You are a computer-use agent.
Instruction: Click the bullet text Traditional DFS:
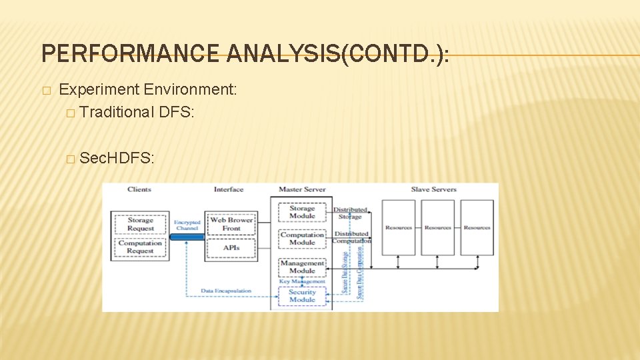coord(136,112)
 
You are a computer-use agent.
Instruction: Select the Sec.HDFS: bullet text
coord(117,158)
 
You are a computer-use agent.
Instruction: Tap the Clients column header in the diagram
coord(139,189)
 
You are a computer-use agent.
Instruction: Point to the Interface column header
coord(229,189)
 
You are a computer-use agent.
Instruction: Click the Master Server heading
coord(302,189)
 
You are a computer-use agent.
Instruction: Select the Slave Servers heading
coord(433,189)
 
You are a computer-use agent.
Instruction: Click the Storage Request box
coord(140,224)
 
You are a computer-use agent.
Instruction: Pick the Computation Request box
coord(140,247)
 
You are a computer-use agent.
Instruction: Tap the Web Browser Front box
coord(231,224)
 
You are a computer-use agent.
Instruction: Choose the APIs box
coord(231,247)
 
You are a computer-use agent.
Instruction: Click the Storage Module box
coord(302,212)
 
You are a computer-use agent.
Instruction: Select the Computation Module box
coord(302,239)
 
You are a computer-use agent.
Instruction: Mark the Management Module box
coord(302,267)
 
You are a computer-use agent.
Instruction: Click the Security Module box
coord(302,295)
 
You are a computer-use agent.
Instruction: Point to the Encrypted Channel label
coord(187,225)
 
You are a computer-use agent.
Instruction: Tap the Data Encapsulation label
coord(226,291)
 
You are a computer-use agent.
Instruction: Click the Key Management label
coord(301,281)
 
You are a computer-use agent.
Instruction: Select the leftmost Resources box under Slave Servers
coord(398,227)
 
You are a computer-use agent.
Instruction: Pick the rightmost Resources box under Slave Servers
coord(477,227)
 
